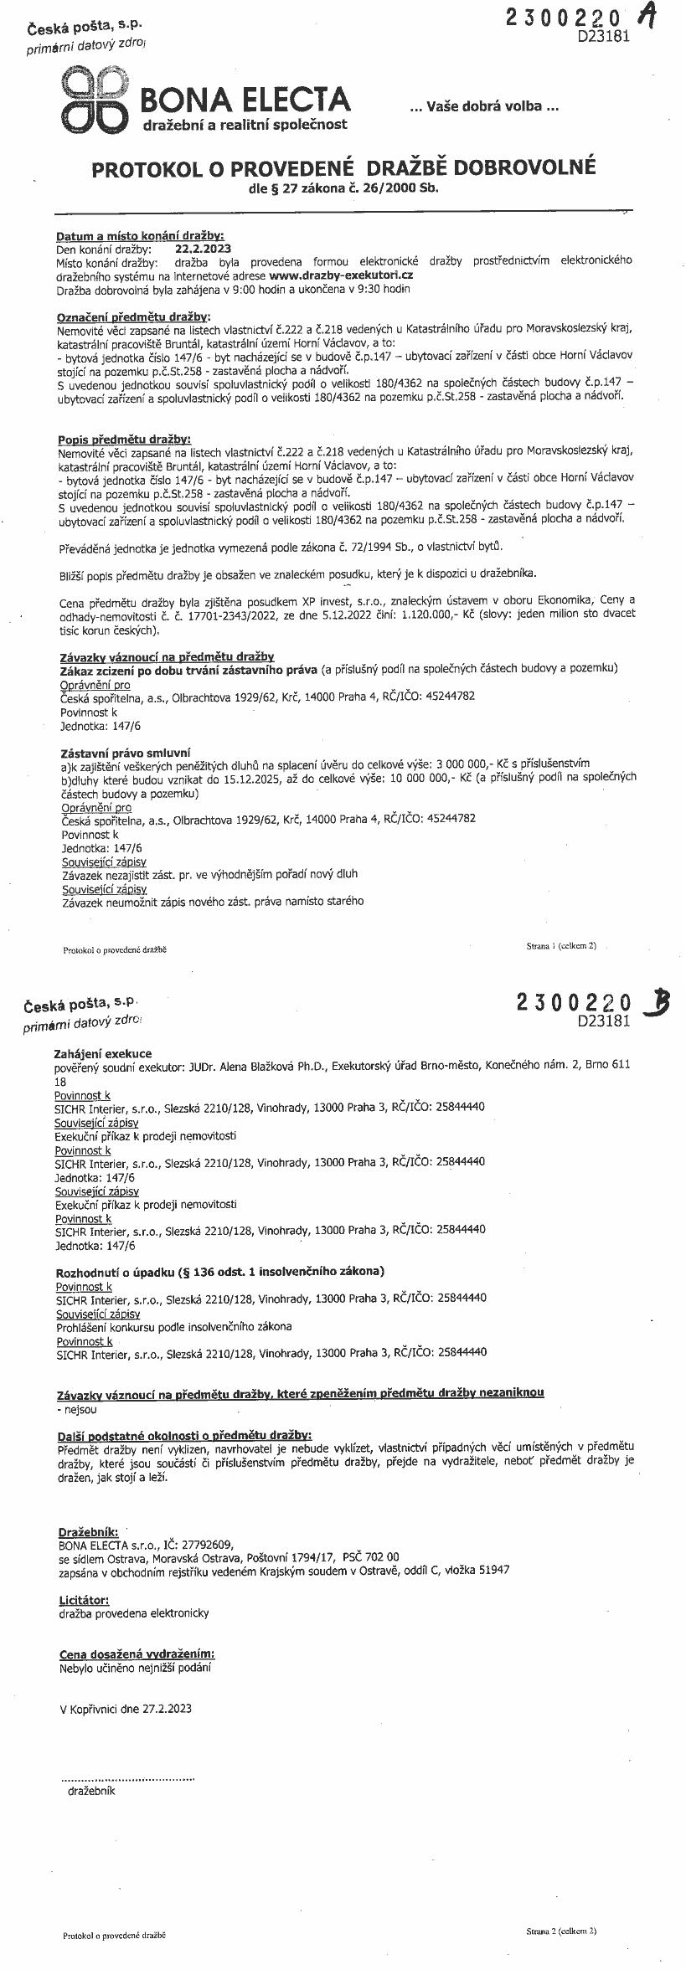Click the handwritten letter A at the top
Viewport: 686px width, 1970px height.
(x=646, y=18)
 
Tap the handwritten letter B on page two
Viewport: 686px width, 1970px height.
(x=656, y=1003)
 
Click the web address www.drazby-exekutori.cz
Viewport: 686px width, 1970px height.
(x=341, y=275)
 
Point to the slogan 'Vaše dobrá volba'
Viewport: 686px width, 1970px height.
(x=483, y=107)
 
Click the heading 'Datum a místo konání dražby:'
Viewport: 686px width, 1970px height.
(x=140, y=236)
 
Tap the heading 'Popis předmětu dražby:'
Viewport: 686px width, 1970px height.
(x=125, y=440)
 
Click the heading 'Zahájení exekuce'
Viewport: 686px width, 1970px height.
(x=103, y=1053)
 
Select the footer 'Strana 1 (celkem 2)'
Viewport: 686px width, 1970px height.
(x=561, y=946)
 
